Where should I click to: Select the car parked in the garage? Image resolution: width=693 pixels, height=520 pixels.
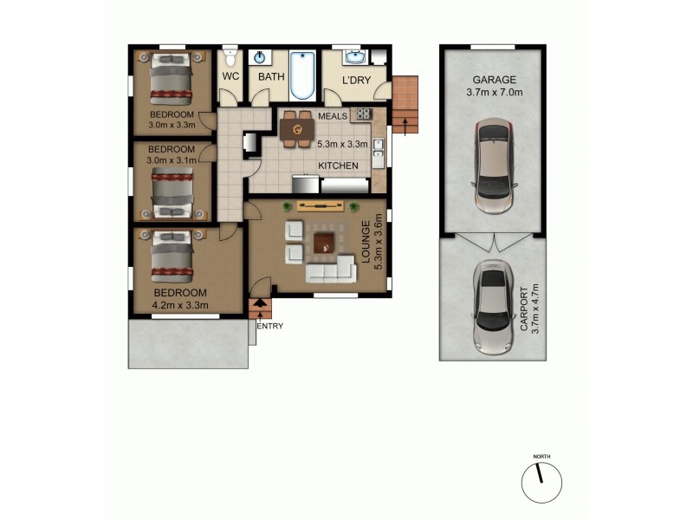pyautogui.click(x=493, y=166)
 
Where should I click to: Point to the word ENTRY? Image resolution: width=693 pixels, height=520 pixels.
pyautogui.click(x=269, y=327)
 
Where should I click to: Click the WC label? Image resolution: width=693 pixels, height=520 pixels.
pyautogui.click(x=230, y=77)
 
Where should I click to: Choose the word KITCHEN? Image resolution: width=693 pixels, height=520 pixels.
pyautogui.click(x=338, y=166)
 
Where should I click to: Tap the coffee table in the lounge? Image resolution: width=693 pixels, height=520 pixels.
pyautogui.click(x=324, y=243)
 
